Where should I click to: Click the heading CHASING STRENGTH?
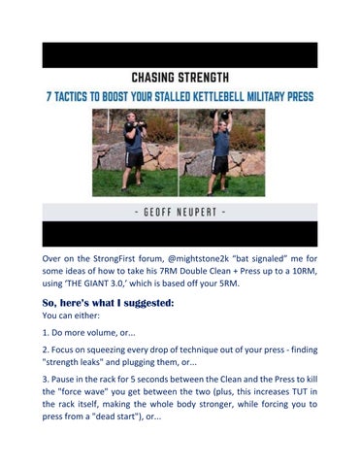coord(180,78)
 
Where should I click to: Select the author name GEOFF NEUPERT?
coord(180,213)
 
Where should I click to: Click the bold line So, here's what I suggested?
coord(108,303)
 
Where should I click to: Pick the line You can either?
coord(71,316)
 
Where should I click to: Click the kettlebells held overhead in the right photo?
coord(221,114)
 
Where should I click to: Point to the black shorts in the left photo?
coord(134,159)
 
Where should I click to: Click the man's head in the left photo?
coord(131,117)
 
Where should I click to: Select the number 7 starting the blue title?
coord(49,97)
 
